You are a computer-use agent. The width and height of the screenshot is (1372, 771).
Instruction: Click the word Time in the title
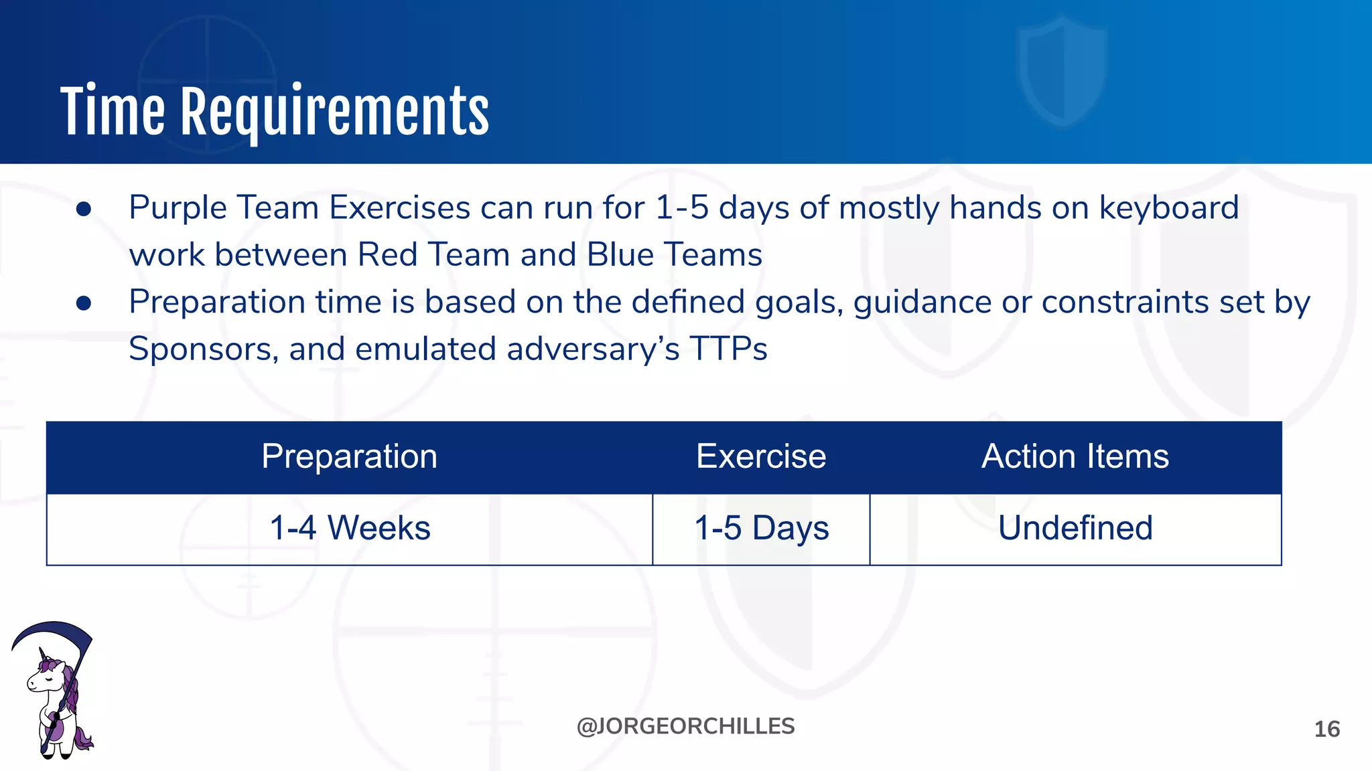(112, 112)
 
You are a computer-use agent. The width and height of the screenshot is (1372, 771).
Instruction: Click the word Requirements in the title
(335, 112)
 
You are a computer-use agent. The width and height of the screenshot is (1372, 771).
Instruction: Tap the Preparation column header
(349, 457)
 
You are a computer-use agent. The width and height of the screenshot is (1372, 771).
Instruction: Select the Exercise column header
(761, 457)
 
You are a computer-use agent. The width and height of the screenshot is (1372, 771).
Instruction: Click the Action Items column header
(1075, 457)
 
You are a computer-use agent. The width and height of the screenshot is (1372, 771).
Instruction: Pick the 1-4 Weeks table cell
(349, 528)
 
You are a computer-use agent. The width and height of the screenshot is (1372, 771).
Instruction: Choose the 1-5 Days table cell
(761, 528)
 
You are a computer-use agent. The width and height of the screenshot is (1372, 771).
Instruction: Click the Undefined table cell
(1075, 528)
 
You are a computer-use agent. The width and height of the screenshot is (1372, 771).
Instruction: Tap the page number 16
(1326, 730)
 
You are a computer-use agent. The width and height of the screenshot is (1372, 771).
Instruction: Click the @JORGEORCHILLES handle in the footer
(685, 727)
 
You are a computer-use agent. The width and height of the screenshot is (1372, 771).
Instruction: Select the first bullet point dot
(84, 209)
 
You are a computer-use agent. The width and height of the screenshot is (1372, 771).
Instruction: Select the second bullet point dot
(84, 304)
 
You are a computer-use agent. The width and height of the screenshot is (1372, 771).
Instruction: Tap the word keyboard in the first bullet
(1168, 208)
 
